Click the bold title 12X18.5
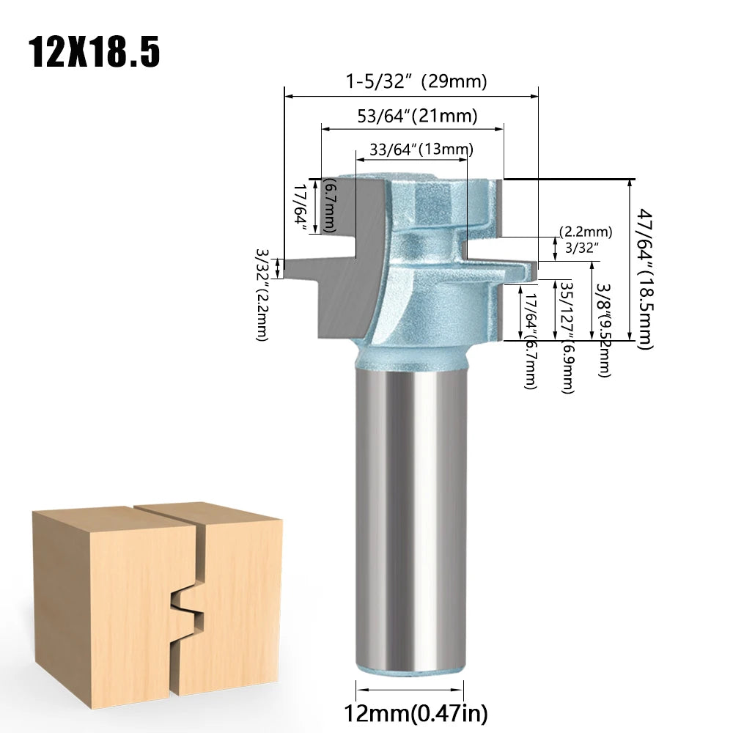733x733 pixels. click(95, 51)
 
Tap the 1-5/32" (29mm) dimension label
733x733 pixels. click(416, 81)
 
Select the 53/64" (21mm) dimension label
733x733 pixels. click(418, 116)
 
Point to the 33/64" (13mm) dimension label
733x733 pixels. click(421, 149)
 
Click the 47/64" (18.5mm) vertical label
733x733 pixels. click(645, 279)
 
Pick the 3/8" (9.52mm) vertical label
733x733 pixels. click(603, 330)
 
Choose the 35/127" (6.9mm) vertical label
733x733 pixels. click(567, 337)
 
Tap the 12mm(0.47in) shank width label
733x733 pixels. click(416, 714)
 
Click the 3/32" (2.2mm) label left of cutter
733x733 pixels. click(262, 295)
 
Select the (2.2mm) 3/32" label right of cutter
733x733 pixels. click(586, 240)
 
